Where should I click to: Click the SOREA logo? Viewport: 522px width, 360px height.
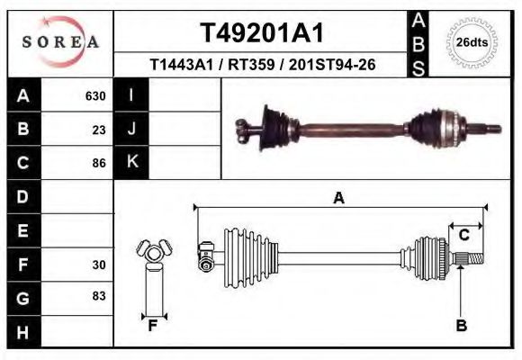[60, 41]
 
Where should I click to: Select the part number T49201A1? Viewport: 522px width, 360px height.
[261, 32]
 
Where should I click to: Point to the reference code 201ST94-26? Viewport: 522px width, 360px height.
[334, 65]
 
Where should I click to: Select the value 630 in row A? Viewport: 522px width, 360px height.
[95, 96]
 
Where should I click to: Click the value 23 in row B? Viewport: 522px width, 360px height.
[100, 129]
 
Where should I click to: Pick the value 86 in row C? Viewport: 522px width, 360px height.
[100, 163]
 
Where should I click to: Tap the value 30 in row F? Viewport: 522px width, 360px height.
[100, 265]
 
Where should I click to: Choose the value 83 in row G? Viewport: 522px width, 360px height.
[100, 297]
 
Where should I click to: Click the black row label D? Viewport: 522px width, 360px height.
[22, 196]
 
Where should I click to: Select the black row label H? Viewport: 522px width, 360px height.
[22, 331]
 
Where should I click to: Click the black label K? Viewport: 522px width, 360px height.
[131, 162]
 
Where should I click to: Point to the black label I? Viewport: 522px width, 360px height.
[131, 95]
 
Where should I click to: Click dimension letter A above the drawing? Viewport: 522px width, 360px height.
[339, 198]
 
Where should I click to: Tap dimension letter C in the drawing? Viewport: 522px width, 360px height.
[464, 235]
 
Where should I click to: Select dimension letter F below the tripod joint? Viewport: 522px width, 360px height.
[154, 326]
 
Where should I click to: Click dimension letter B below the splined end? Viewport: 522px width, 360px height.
[462, 326]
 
